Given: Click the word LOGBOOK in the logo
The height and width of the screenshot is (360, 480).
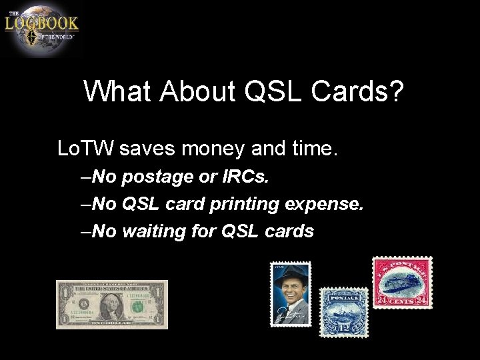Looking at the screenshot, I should (x=41, y=23).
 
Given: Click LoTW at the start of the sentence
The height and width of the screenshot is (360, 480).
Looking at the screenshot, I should (x=87, y=148).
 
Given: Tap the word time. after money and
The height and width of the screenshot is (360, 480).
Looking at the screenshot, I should (x=313, y=148).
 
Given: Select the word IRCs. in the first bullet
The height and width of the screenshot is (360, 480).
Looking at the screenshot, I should (x=250, y=177).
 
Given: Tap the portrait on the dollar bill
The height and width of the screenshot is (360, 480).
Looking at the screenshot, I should (x=111, y=305).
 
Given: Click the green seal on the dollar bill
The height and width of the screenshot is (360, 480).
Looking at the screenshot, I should (x=138, y=307).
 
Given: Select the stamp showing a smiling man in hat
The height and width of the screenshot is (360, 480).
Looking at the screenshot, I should (x=291, y=294).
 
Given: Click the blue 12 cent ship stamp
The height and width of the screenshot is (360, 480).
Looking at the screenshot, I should (x=344, y=312).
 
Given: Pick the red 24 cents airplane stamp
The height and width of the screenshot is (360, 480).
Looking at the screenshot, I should (x=402, y=283).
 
